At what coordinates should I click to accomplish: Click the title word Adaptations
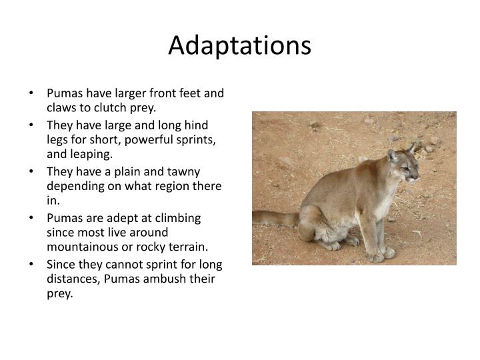pos(240,45)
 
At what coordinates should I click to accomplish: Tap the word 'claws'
pos(61,107)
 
